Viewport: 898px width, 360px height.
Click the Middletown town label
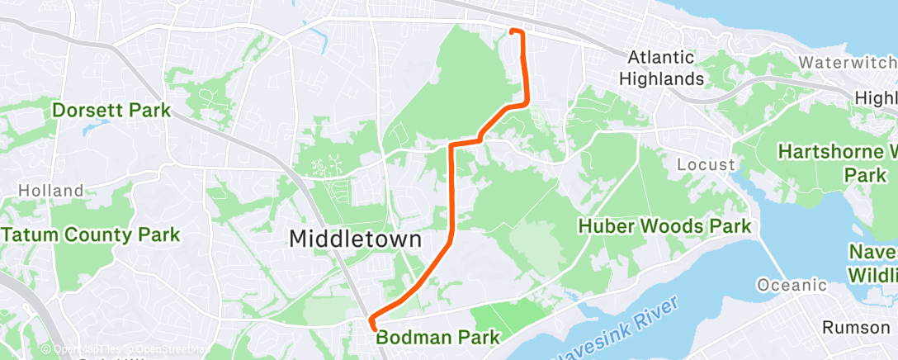point(355,239)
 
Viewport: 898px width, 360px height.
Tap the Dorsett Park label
point(111,110)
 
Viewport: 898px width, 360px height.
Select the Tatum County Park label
point(90,234)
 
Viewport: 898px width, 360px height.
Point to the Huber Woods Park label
point(664,226)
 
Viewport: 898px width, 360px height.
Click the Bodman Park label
point(438,337)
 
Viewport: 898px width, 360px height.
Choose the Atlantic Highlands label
point(666,69)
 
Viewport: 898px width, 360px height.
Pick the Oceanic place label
point(792,286)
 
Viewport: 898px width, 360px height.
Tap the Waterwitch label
point(847,63)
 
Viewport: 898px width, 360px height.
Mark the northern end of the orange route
point(513,31)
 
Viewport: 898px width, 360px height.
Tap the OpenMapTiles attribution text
point(83,350)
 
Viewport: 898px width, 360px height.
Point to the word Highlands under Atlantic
point(666,79)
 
